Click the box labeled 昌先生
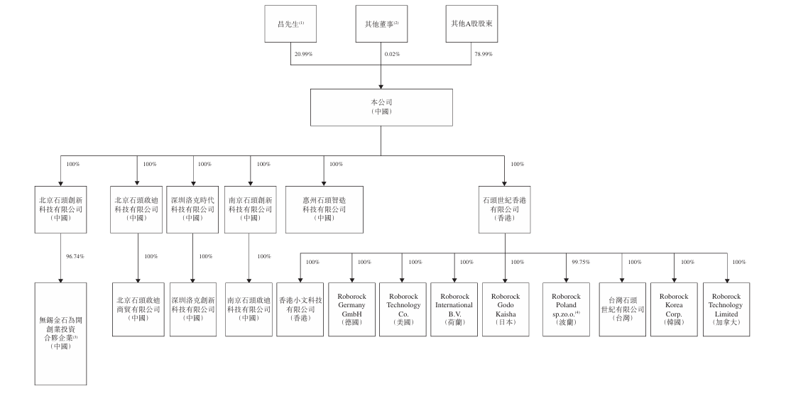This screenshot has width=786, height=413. pyautogui.click(x=291, y=24)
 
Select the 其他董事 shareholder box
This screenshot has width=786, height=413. pyautogui.click(x=382, y=24)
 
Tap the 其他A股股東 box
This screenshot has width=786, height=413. pyautogui.click(x=472, y=24)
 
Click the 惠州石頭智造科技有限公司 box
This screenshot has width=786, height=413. pyautogui.click(x=324, y=209)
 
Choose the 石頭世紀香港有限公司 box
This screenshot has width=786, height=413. pyautogui.click(x=506, y=209)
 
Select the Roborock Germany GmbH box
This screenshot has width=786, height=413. pyautogui.click(x=351, y=309)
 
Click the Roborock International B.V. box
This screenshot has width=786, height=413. pyautogui.click(x=454, y=309)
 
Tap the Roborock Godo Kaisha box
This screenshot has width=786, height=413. pyautogui.click(x=506, y=309)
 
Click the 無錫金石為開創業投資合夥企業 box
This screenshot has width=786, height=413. pyautogui.click(x=60, y=333)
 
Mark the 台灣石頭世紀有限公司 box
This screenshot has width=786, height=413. pyautogui.click(x=621, y=309)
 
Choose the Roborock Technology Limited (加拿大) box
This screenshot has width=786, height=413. pyautogui.click(x=726, y=309)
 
